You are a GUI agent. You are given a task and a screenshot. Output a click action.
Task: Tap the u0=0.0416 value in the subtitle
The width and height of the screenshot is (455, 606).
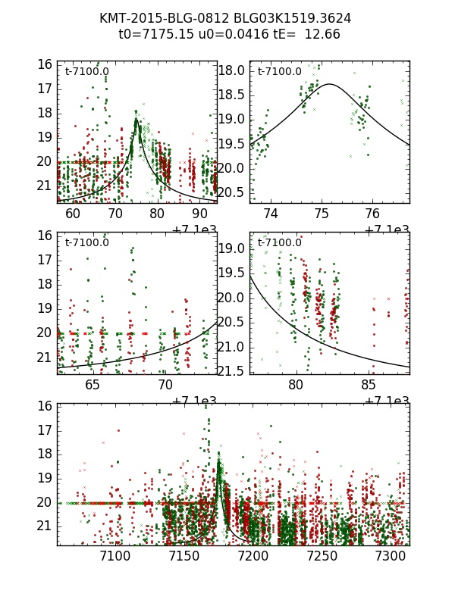(x=215, y=34)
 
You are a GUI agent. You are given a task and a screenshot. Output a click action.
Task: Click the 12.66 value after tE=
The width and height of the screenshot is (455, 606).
(x=322, y=34)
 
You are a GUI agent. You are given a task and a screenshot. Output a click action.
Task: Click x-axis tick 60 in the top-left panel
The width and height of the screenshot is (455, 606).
(x=73, y=214)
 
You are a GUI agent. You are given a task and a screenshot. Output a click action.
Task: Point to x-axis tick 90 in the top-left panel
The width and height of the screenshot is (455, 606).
(x=199, y=214)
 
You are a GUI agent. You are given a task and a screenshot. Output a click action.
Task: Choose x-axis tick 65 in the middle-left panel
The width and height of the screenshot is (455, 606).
(x=93, y=385)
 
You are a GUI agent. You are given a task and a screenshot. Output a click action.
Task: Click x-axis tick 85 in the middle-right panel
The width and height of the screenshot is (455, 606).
(x=369, y=385)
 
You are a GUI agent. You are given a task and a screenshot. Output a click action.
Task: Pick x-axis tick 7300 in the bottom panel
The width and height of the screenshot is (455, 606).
(x=391, y=557)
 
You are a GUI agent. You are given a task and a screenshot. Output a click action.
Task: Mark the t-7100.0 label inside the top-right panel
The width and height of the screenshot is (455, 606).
(x=279, y=72)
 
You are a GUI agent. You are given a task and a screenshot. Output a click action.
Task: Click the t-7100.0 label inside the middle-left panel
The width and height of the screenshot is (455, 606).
(x=86, y=243)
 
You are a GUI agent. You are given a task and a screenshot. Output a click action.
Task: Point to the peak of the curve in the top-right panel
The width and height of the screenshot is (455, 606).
(x=330, y=84)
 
